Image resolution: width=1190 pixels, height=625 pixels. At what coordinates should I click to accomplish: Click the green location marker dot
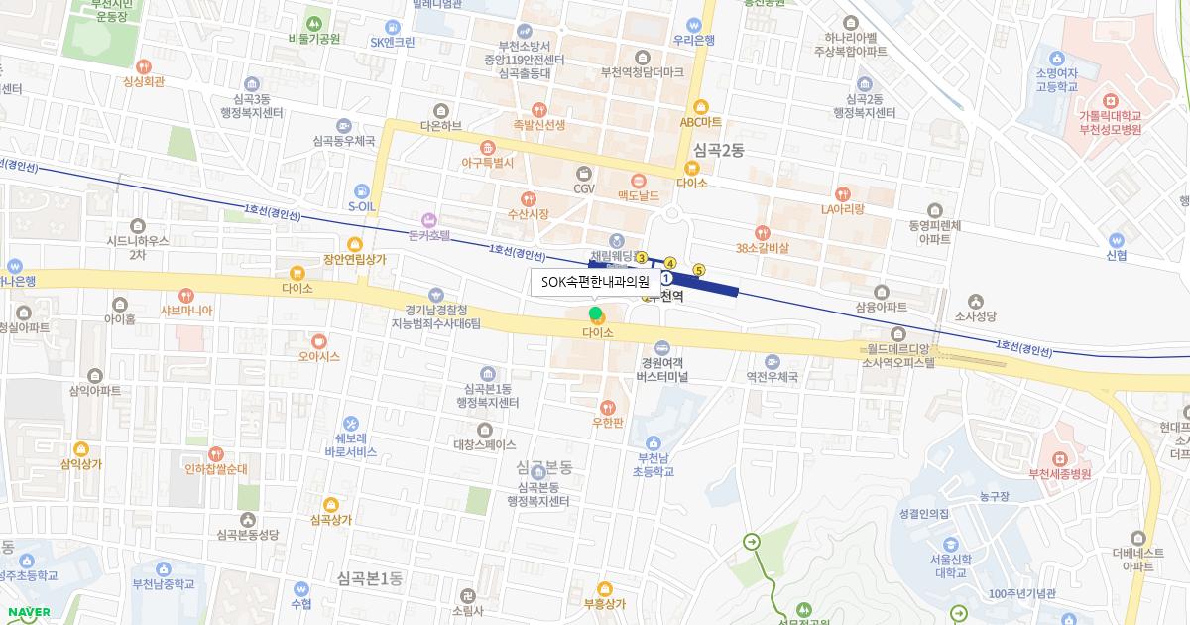click(x=595, y=314)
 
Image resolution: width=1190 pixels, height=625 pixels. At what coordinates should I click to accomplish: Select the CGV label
click(x=584, y=187)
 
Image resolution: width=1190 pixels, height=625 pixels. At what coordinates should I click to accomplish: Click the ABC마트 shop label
click(x=701, y=122)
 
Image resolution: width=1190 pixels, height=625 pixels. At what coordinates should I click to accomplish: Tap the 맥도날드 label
click(x=638, y=195)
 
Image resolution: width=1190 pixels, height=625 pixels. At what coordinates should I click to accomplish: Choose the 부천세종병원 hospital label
click(x=1059, y=473)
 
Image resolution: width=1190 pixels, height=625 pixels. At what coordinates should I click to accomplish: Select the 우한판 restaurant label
click(x=607, y=423)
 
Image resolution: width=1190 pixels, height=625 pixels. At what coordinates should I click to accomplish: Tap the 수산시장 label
click(x=528, y=213)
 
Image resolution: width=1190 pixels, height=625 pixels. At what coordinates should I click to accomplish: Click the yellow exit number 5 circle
click(x=699, y=269)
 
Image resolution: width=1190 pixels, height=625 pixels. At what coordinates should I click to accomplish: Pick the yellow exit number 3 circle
click(x=642, y=258)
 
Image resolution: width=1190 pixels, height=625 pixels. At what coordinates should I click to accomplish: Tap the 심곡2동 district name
click(x=719, y=150)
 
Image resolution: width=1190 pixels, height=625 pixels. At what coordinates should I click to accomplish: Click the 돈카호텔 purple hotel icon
click(x=429, y=219)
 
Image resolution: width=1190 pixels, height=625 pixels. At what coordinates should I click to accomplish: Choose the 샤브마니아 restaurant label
click(x=186, y=310)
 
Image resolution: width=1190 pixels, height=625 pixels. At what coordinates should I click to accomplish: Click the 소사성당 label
click(x=976, y=316)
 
